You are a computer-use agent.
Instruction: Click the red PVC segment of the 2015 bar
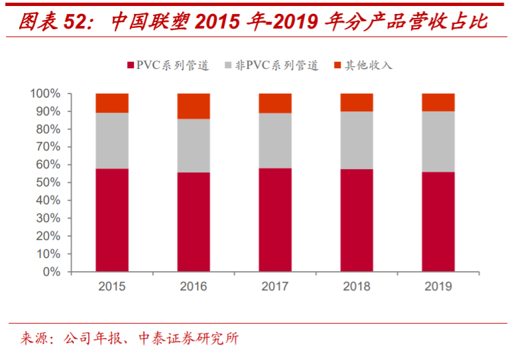point(112,220)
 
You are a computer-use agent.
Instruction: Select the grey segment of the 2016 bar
point(194,146)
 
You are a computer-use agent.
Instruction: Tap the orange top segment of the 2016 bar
point(194,106)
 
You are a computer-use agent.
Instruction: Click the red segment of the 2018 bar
point(357,220)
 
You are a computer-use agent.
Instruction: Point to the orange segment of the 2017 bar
point(275,103)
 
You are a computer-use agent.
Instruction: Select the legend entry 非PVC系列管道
point(272,65)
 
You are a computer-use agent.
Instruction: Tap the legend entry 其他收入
point(363,65)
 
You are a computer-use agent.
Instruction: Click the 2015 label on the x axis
point(112,286)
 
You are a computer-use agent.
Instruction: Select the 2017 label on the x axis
point(275,286)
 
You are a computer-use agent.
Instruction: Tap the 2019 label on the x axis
point(439,286)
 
